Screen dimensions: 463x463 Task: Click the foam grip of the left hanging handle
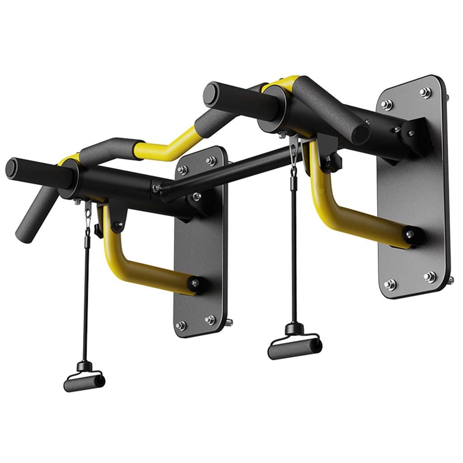pyautogui.click(x=84, y=383)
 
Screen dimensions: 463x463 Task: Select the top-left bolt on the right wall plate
pyautogui.click(x=386, y=104)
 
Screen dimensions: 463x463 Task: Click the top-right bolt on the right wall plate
pyautogui.click(x=425, y=92)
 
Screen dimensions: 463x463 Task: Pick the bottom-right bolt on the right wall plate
pyautogui.click(x=429, y=276)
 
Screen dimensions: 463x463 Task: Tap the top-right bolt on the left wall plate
pyautogui.click(x=211, y=161)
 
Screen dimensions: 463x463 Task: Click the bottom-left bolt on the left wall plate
pyautogui.click(x=180, y=325)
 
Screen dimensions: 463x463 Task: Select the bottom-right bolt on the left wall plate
pyautogui.click(x=210, y=319)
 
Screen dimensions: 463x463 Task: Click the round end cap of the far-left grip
pyautogui.click(x=12, y=168)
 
